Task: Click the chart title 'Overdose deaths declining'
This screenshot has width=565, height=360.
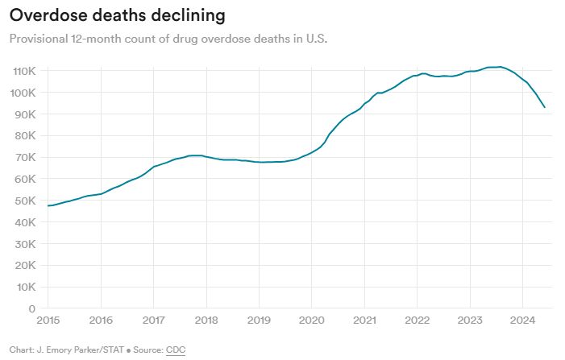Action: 117,15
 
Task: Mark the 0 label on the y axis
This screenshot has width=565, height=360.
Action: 31,308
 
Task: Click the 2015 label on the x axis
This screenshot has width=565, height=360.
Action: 48,321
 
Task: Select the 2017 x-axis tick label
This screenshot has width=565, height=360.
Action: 153,321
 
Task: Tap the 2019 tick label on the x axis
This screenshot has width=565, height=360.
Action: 259,321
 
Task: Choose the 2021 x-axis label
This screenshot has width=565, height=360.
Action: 364,321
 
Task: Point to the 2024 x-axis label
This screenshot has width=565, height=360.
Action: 522,321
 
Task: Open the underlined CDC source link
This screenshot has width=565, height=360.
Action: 176,350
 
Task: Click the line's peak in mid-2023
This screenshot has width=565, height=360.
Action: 500,67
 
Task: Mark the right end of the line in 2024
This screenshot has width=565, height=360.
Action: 545,107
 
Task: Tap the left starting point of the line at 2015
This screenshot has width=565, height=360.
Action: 48,205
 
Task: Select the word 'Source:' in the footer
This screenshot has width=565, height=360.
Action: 146,350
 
